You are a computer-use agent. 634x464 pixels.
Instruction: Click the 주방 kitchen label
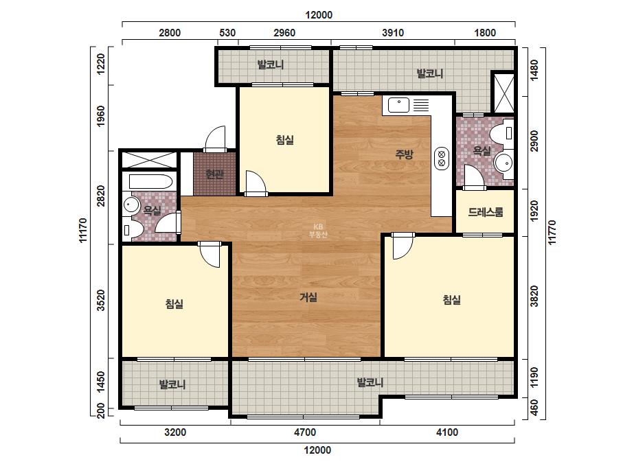click(404, 154)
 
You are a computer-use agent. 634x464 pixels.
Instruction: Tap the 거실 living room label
click(308, 297)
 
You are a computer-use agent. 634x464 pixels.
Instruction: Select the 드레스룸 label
click(486, 212)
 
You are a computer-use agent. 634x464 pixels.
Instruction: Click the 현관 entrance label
click(214, 174)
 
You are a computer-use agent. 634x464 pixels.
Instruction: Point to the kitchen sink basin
click(398, 105)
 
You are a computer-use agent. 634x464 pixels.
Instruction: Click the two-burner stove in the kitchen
click(442, 159)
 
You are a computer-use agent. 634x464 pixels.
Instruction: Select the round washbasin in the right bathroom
click(503, 163)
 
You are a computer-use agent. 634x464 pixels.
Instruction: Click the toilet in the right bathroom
click(502, 132)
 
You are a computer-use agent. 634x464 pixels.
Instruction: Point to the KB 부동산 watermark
click(318, 231)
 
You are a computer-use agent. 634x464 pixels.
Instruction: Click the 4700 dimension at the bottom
click(305, 432)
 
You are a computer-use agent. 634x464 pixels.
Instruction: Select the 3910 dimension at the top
click(393, 33)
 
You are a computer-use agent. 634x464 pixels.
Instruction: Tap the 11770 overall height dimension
click(552, 233)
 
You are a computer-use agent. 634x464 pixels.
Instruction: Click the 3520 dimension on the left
click(101, 301)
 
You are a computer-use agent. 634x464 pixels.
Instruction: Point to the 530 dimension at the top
click(227, 33)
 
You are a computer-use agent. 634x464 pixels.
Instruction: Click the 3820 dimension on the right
click(534, 297)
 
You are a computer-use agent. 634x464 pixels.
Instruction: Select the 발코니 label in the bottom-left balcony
click(172, 384)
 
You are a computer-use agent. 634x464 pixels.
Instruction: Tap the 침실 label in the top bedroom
click(284, 140)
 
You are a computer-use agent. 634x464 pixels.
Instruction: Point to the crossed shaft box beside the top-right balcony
click(503, 93)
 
